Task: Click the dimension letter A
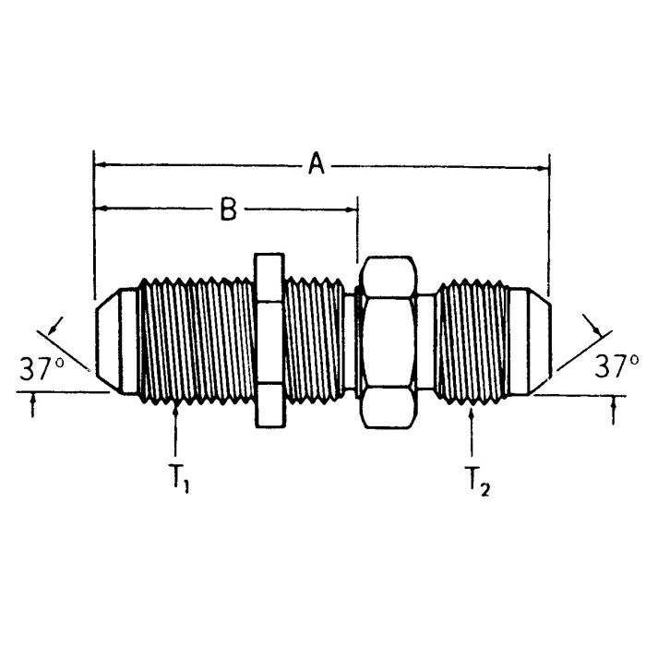coord(317,166)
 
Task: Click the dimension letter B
coord(228,209)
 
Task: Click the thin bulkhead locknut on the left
coord(268,341)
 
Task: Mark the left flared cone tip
coord(115,341)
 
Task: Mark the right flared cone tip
coord(531,341)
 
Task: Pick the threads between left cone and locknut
coord(194,341)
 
